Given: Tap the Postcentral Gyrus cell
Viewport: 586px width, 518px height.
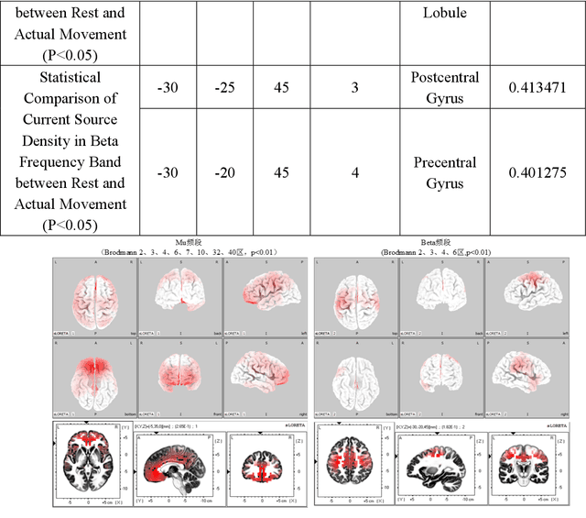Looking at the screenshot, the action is pyautogui.click(x=445, y=88).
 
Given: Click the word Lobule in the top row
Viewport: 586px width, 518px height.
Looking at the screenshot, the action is pyautogui.click(x=445, y=13).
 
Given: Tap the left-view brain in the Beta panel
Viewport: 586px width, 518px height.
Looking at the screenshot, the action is pyautogui.click(x=526, y=295).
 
